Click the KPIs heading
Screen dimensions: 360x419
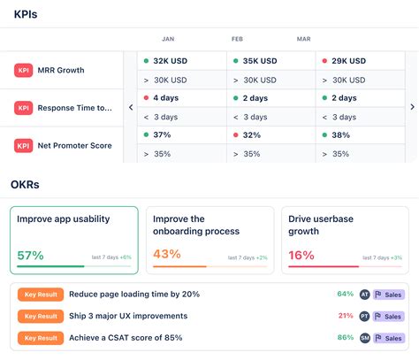click(x=25, y=14)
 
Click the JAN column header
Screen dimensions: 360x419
click(x=168, y=39)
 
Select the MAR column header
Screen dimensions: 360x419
click(x=303, y=39)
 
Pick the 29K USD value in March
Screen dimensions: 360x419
click(x=350, y=61)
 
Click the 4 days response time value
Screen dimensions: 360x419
click(x=168, y=98)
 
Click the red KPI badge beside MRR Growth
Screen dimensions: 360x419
click(x=24, y=70)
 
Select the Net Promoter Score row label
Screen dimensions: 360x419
click(x=74, y=145)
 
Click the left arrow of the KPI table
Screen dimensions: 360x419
click(x=131, y=107)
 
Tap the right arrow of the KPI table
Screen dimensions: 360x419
click(x=411, y=107)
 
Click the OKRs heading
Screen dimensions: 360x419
click(x=25, y=185)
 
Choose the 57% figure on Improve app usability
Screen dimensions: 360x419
click(x=31, y=254)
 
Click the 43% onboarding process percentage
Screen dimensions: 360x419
click(x=167, y=254)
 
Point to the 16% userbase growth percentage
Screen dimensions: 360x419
click(x=301, y=254)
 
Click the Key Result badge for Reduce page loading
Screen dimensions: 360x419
click(x=40, y=294)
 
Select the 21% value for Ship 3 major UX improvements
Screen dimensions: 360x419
click(x=345, y=316)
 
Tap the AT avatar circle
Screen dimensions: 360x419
click(x=364, y=294)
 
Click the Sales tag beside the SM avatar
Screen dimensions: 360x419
click(x=389, y=338)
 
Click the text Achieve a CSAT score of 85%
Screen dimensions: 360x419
click(x=126, y=338)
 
